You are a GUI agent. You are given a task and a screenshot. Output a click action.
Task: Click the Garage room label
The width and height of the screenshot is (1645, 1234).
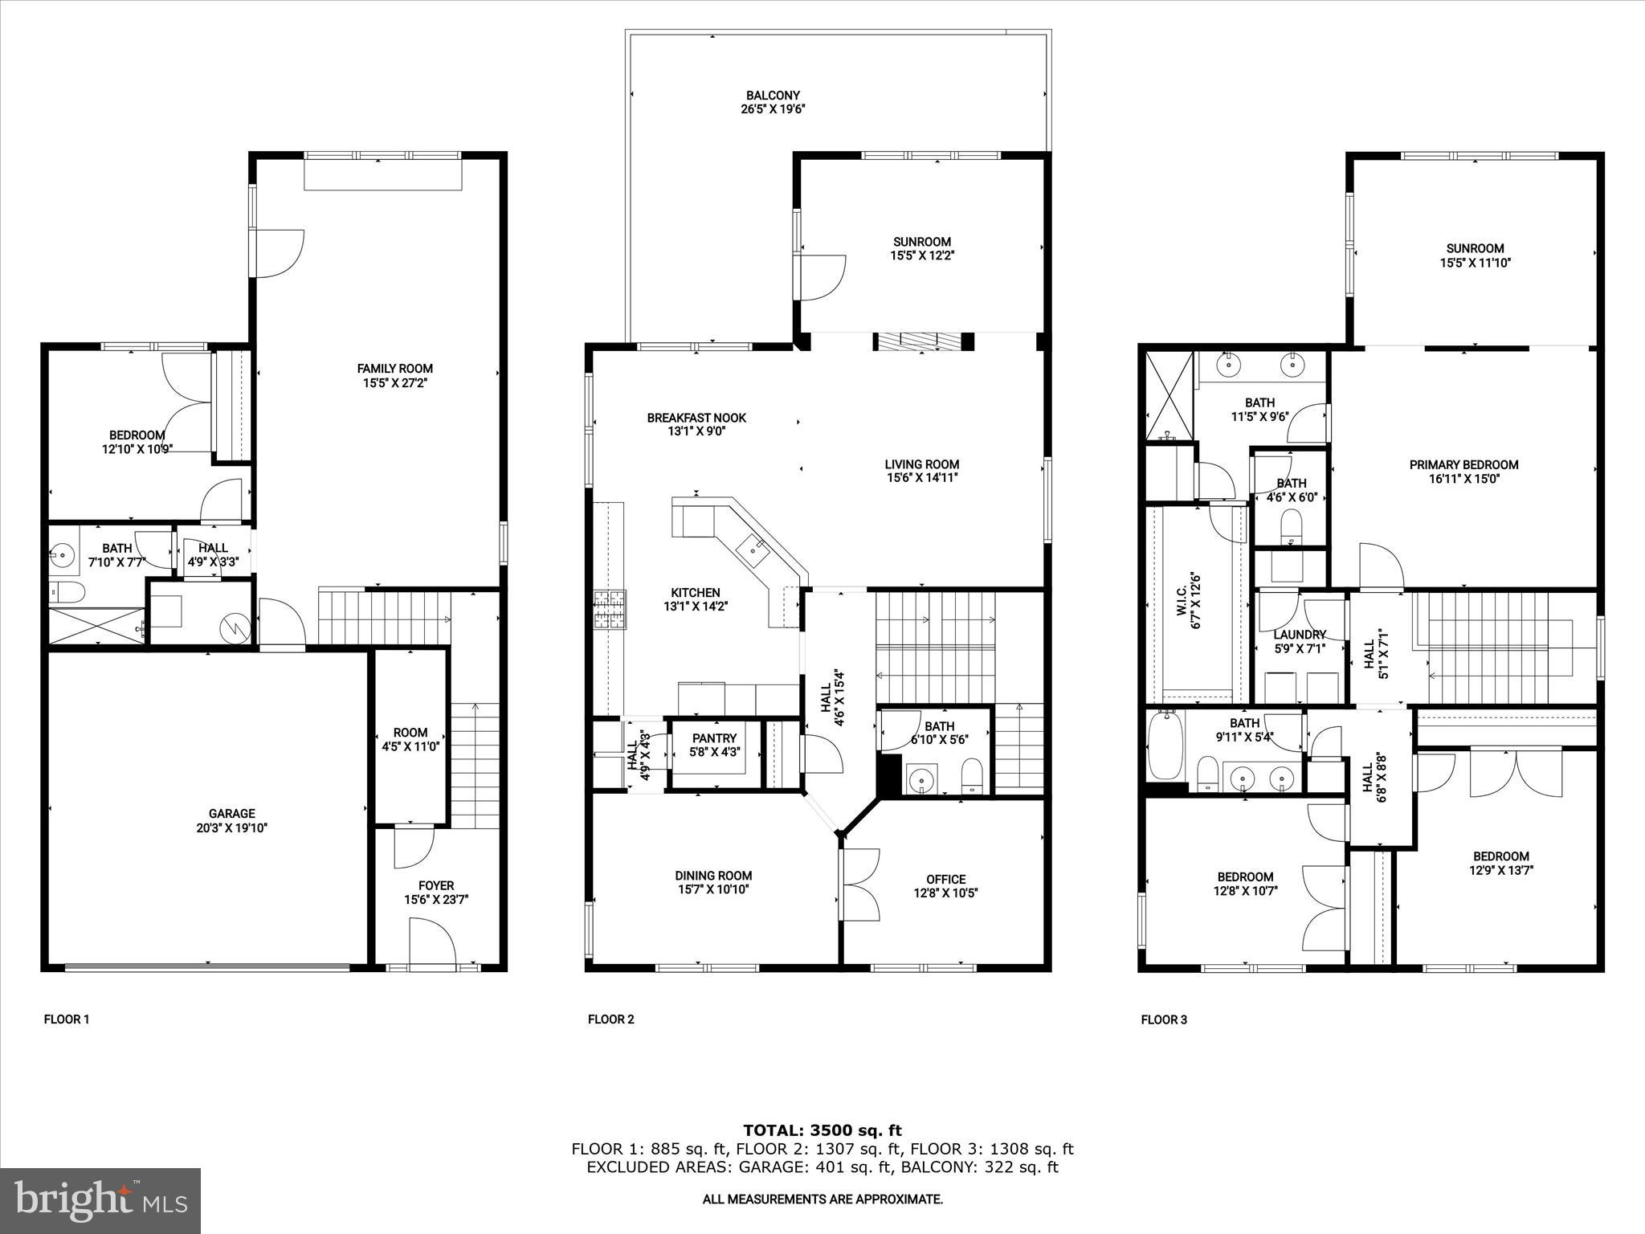[232, 813]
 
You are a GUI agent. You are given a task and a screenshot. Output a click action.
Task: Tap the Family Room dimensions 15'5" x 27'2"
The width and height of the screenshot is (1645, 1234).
[394, 383]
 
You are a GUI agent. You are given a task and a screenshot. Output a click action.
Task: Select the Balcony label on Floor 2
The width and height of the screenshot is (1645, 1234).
[773, 95]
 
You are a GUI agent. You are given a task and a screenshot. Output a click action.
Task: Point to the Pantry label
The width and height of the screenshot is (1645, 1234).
[714, 738]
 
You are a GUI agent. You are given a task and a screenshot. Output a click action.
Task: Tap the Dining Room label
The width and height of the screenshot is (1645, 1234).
[713, 876]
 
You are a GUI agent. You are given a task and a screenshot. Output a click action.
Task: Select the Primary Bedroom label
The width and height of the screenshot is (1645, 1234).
[1463, 464]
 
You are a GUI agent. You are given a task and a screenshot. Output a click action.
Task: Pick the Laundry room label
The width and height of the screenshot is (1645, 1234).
[1299, 635]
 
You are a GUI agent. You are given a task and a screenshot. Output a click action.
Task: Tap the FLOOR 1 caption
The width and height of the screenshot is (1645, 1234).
[67, 1019]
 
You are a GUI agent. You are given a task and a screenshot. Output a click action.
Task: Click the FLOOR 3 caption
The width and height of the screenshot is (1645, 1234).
[1164, 1019]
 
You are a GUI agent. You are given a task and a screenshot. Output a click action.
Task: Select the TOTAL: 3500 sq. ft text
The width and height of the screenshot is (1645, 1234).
[822, 1131]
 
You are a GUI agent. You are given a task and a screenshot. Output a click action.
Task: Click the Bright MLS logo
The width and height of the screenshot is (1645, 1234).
[100, 1201]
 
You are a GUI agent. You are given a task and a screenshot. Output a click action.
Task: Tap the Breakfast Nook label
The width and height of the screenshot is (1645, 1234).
[696, 418]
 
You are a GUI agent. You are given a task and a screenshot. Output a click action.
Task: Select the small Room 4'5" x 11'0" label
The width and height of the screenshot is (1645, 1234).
[410, 733]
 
